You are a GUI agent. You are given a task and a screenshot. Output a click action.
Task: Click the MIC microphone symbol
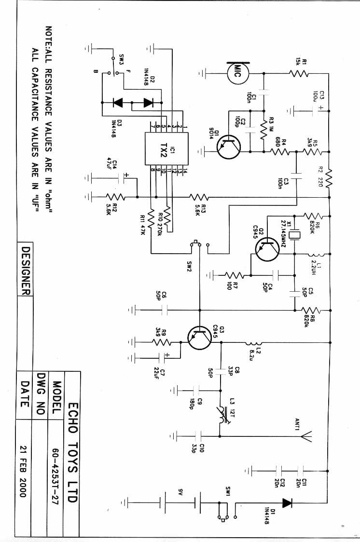point(238,73)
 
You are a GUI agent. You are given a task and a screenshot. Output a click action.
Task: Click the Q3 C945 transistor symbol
point(199,339)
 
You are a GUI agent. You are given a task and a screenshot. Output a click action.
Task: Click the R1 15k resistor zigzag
point(299,73)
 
